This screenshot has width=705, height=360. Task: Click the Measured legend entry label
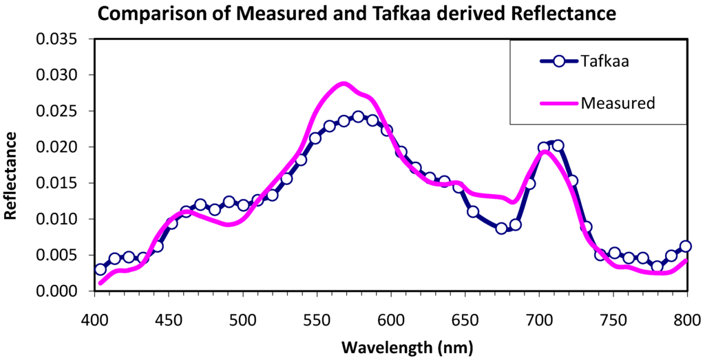click(x=617, y=103)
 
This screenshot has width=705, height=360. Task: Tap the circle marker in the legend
click(x=559, y=61)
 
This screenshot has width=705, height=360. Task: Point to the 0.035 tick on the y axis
click(x=59, y=39)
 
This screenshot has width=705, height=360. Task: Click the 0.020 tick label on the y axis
click(x=59, y=147)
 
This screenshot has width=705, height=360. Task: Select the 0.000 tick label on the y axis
click(x=59, y=291)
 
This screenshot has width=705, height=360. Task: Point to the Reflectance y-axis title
click(x=12, y=176)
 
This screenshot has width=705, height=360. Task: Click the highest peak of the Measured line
click(x=344, y=83)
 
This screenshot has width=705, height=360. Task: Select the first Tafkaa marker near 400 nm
click(x=101, y=269)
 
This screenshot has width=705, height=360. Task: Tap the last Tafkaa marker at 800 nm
click(x=685, y=246)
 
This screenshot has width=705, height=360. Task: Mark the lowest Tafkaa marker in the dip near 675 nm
click(x=501, y=229)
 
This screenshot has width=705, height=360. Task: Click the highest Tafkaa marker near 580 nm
click(x=358, y=116)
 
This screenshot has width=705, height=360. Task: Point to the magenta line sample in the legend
click(x=559, y=103)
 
